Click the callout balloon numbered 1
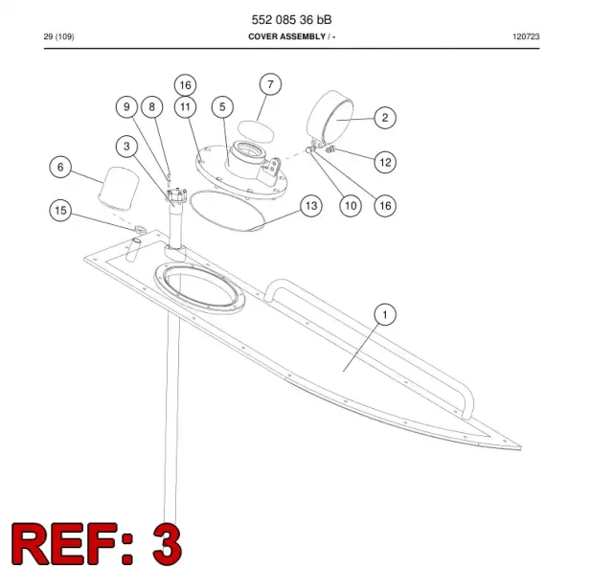coord(385,315)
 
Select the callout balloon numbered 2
coord(385,118)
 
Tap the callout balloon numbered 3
coord(126,147)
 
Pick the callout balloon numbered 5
coord(222,107)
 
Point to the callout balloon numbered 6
coord(60,168)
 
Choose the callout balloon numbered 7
coord(270,84)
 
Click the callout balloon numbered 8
coord(152,107)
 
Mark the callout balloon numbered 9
coord(126,107)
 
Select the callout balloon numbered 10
coord(351,206)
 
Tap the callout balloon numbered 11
coord(185,107)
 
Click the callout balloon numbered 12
coord(385,162)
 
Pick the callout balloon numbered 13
coord(311,206)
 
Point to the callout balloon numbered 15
coord(60,211)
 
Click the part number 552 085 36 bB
coord(291,19)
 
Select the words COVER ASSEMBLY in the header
coord(287,36)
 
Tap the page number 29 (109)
coord(59,36)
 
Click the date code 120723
coord(526,36)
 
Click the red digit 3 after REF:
coord(167,543)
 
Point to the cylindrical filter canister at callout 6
coord(119,187)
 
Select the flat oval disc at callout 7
coord(256,130)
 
